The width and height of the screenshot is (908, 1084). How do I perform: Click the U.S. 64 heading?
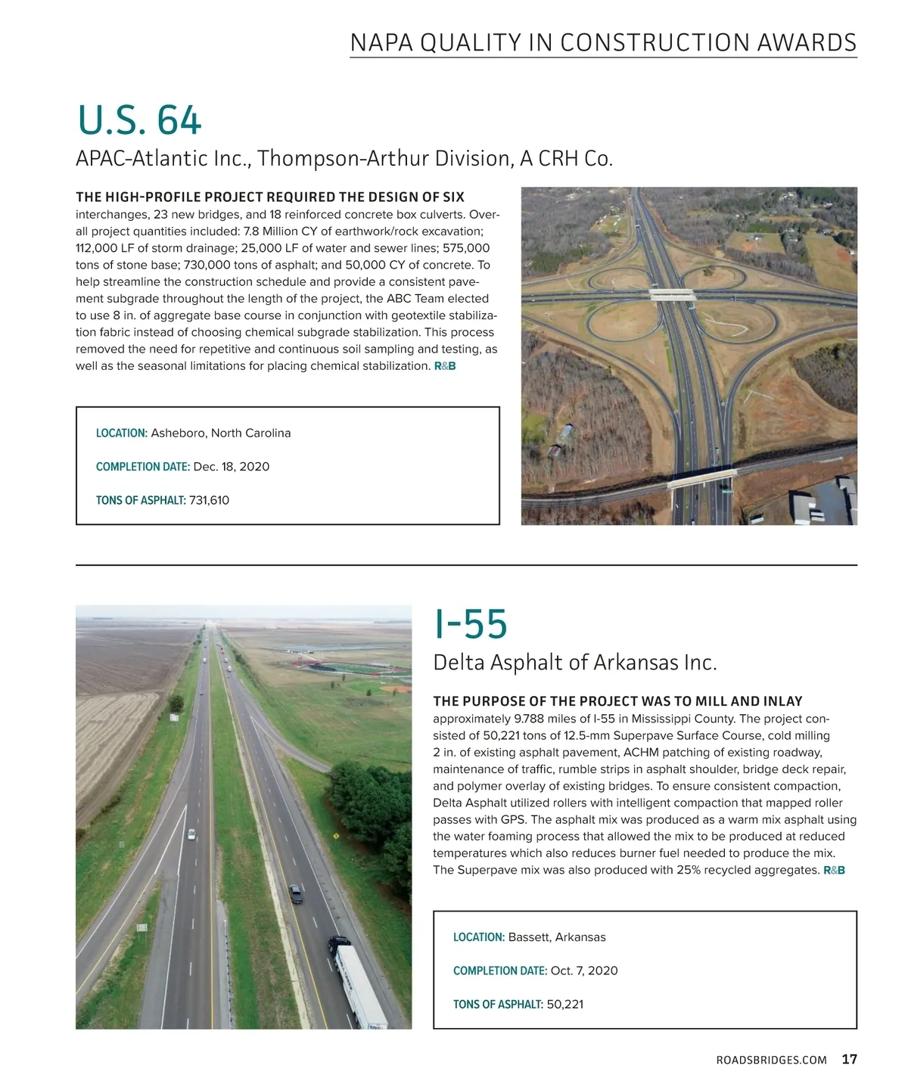139,120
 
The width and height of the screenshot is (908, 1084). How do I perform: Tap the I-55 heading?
470,624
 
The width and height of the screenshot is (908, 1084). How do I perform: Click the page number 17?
849,1059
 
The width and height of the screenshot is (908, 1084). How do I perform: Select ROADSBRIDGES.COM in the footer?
771,1060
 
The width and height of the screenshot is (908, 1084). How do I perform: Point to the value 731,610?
209,500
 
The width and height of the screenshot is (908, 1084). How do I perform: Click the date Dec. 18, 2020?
232,467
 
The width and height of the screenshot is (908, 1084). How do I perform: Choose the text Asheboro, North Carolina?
221,433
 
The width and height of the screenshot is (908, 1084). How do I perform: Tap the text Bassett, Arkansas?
557,937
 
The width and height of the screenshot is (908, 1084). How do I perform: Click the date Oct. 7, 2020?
584,971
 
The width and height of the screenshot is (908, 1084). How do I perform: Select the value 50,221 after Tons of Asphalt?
564,1005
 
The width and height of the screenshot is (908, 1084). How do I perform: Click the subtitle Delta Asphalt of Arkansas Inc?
574,663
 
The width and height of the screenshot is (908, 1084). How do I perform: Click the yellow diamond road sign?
335,836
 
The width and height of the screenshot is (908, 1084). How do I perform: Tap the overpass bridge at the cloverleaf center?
673,295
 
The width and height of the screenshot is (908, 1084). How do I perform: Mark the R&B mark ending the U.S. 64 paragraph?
445,366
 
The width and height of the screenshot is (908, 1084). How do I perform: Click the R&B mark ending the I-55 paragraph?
834,871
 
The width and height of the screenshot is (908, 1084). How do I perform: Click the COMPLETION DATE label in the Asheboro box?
142,467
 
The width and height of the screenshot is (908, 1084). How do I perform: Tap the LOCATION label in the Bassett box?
478,937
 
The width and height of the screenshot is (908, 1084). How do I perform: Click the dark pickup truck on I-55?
295,893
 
